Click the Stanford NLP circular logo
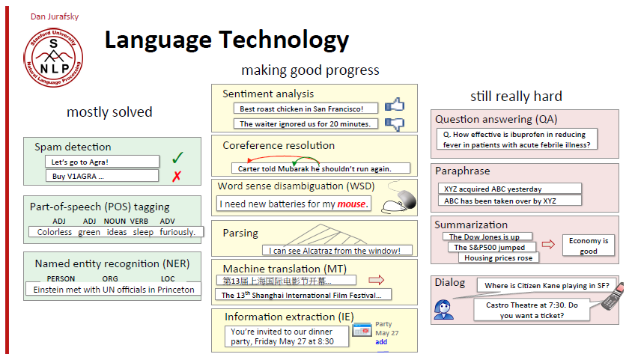(x=53, y=58)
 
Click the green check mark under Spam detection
(x=177, y=158)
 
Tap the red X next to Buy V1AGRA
(x=177, y=176)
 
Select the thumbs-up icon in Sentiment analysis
(x=395, y=105)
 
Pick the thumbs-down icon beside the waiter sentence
(x=395, y=124)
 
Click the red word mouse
(x=351, y=204)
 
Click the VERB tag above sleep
(x=139, y=222)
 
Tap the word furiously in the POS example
(x=177, y=232)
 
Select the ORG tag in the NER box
(x=110, y=278)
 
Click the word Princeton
(x=176, y=290)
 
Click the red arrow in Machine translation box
(x=376, y=280)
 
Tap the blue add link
(x=381, y=342)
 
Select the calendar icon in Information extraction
(x=362, y=330)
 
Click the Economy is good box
(x=589, y=245)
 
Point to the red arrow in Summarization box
(x=548, y=244)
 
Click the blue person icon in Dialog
(x=443, y=310)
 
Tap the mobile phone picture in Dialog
(x=613, y=296)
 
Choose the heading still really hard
(x=516, y=97)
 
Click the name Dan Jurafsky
(x=55, y=16)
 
